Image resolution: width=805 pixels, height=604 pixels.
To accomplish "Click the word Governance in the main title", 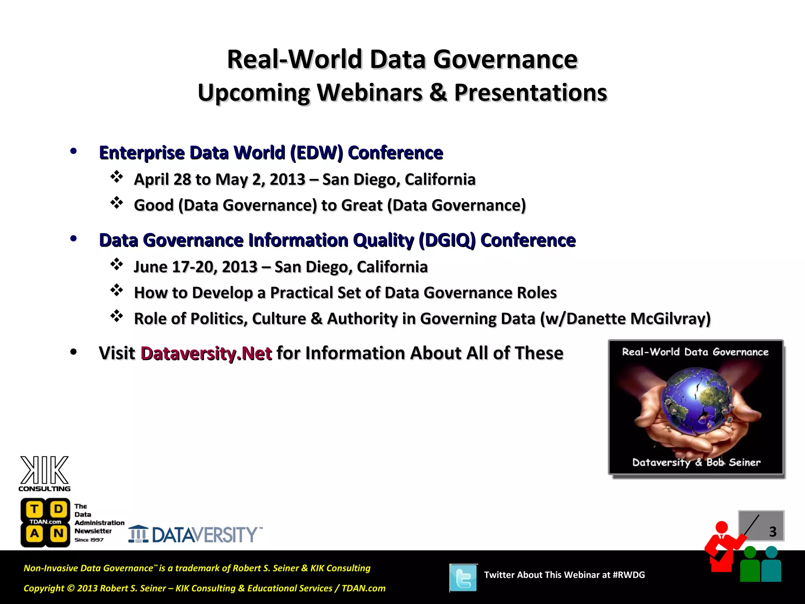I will pos(505,60).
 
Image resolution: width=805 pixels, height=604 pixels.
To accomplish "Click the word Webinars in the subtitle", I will pos(369,93).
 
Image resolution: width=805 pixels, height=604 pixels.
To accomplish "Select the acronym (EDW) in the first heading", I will pos(316,153).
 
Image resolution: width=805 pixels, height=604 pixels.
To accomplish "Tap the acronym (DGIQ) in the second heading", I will pos(447,240).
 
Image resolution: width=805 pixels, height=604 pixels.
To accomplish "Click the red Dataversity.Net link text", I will pos(206,353).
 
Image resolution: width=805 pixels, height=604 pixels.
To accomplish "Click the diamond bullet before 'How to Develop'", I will pos(117,290).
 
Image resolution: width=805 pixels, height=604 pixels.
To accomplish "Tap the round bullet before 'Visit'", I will pos(74,352).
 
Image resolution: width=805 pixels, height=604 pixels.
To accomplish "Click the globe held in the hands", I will pos(696,401).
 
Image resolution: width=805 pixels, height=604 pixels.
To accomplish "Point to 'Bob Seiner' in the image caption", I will pos(733,462).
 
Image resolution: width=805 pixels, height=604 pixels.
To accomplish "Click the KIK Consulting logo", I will pos(44,473).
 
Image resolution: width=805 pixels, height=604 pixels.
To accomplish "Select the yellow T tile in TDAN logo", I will pos(35,509).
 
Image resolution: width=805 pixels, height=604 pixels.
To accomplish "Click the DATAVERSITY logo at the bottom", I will pos(195,534).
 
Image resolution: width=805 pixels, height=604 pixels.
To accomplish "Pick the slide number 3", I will pos(772,532).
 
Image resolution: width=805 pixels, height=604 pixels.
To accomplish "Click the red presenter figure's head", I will pos(721,527).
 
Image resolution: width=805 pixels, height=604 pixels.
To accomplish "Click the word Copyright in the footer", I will pos(44,588).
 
